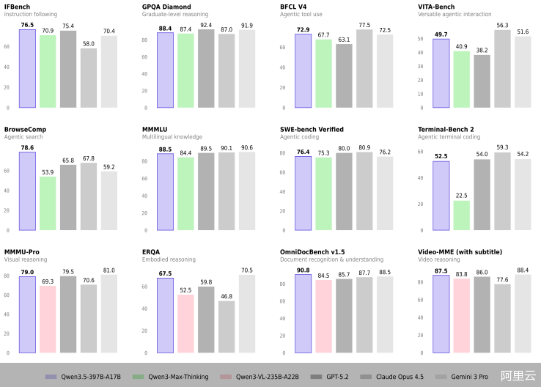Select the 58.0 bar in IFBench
(89, 78)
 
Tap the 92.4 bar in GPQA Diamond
(206, 68)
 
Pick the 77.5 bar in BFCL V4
(364, 68)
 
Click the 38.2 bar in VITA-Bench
(482, 81)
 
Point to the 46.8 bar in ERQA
(227, 327)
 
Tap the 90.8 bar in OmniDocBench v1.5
(303, 313)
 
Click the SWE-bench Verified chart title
(312, 130)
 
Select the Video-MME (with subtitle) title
(460, 252)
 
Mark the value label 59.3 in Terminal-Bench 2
(502, 147)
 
